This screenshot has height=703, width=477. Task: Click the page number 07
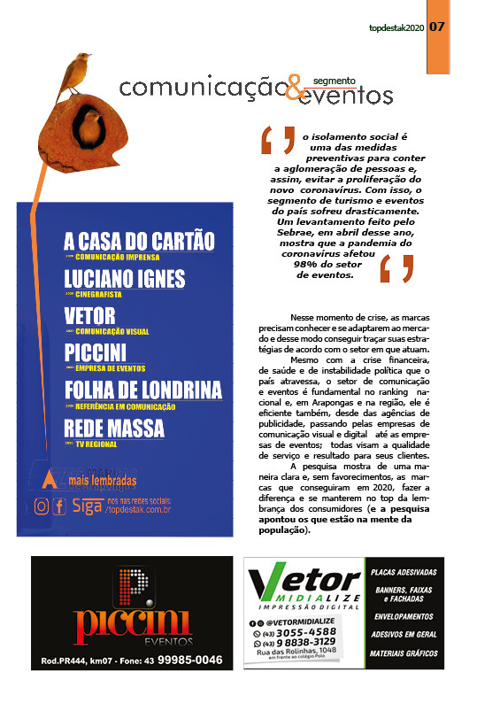click(437, 27)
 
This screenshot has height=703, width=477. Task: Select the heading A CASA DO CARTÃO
click(139, 241)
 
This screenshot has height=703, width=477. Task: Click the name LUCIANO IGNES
click(125, 279)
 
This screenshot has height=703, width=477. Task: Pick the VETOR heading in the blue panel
click(91, 317)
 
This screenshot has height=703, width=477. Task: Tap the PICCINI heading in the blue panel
click(98, 353)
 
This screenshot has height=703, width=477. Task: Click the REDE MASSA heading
click(114, 429)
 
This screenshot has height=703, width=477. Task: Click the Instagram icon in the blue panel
click(41, 506)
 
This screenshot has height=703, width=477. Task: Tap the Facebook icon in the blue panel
click(59, 506)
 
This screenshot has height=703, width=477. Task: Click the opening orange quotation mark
click(278, 141)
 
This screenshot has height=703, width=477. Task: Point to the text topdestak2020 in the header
click(396, 27)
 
